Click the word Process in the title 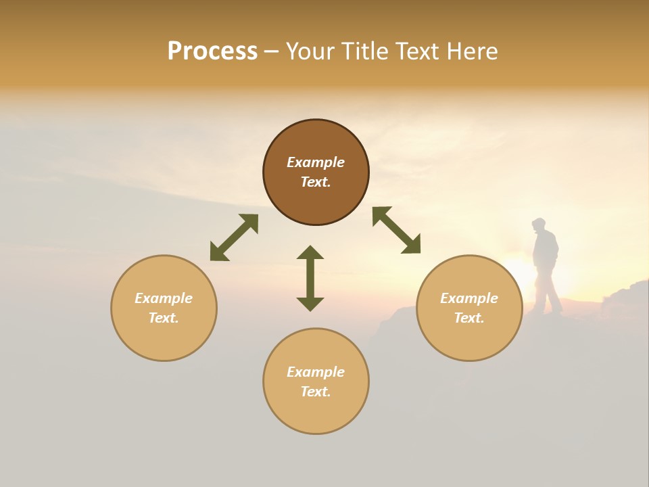212,51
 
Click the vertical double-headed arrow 310,278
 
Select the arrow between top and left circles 234,237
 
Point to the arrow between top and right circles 397,230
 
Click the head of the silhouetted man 539,225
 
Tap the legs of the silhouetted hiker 548,291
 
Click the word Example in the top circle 316,162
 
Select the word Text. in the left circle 164,318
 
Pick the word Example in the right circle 469,298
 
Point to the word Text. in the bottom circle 316,392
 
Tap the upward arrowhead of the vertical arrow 310,253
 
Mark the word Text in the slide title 416,51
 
